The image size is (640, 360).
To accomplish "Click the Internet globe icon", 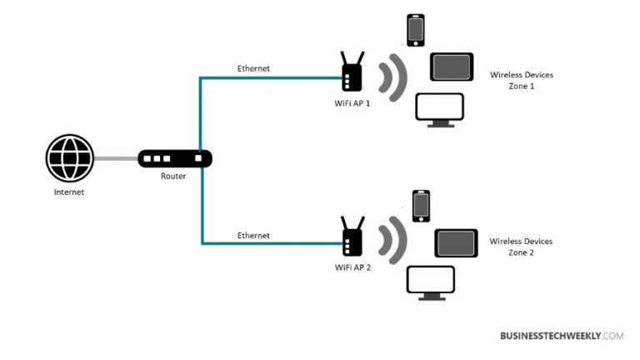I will [70, 157].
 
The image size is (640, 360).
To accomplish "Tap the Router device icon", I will [175, 158].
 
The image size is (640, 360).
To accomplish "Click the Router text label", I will [173, 177].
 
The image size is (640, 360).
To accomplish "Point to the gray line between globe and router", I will [116, 158].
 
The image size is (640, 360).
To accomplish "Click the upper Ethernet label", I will [253, 68].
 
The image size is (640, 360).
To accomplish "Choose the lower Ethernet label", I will [253, 236].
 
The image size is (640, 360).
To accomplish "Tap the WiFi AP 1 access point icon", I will [352, 74].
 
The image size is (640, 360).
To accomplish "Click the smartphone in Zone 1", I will [415, 30].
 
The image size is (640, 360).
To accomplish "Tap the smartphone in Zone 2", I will [421, 206].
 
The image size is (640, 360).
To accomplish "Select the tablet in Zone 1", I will [452, 67].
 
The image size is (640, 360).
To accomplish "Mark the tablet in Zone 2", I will [456, 242].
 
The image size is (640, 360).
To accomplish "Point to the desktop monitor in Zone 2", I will [431, 282].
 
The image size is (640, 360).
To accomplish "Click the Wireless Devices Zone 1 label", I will [521, 80].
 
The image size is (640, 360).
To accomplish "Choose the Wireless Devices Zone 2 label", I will [521, 246].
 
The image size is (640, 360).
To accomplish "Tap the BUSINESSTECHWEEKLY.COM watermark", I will [561, 336].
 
